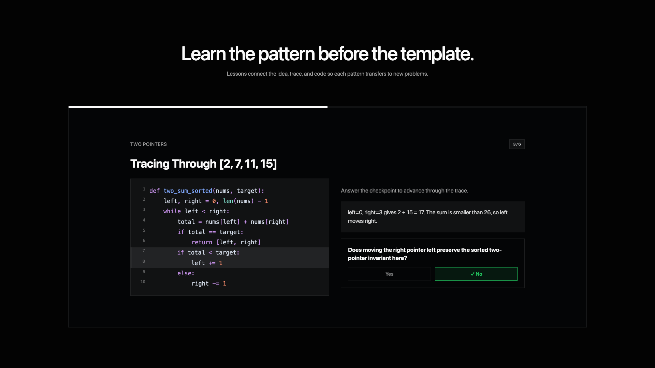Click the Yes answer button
389,274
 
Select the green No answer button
476,274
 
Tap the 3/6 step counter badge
517,144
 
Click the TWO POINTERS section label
148,144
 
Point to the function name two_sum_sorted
188,191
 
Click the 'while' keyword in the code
172,211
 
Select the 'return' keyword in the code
202,242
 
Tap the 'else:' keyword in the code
186,273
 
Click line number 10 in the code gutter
143,282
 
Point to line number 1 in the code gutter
144,189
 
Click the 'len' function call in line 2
228,201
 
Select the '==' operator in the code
212,232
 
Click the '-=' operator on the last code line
216,283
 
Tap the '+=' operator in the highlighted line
212,263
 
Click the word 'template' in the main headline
436,54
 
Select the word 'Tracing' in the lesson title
150,164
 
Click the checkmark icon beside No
472,274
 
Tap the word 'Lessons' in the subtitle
236,74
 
